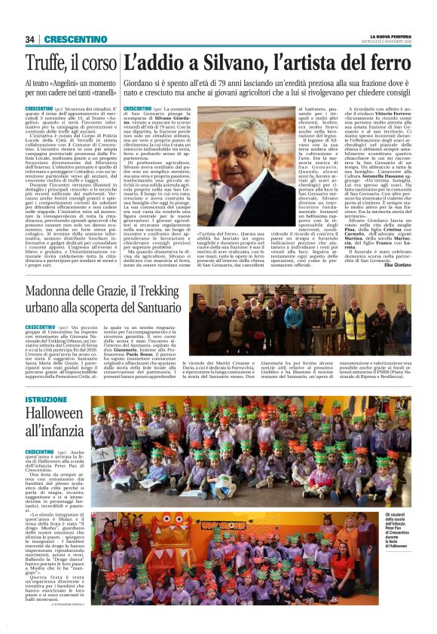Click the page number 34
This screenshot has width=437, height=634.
coord(30,39)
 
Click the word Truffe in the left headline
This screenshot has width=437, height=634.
coord(47,63)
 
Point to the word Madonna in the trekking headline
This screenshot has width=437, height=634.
coord(54,293)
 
